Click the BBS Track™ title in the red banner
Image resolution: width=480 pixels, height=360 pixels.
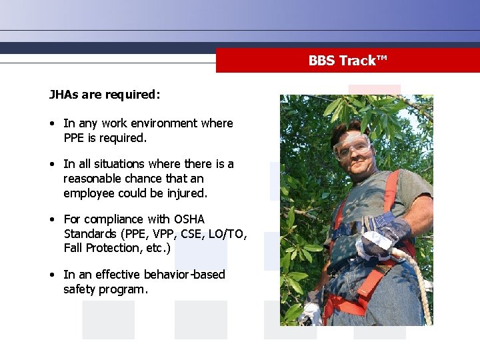(x=347, y=61)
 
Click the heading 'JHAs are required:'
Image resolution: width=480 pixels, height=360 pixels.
(x=105, y=94)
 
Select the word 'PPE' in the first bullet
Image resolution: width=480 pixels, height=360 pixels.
(x=73, y=138)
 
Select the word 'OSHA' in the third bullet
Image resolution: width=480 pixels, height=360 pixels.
(x=189, y=219)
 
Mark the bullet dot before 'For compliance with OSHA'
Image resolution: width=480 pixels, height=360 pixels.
(x=52, y=219)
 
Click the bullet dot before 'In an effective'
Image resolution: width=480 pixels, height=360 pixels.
(x=52, y=275)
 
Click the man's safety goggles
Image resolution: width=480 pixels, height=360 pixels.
(x=353, y=146)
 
